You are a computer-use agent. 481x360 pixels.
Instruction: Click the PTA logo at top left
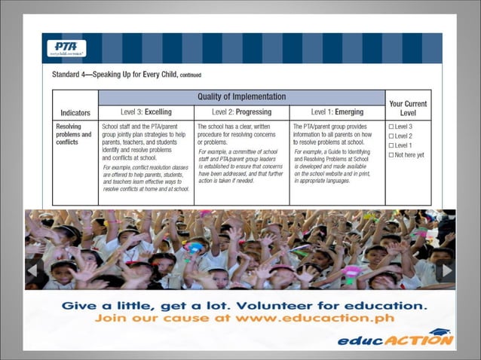pyautogui.click(x=66, y=48)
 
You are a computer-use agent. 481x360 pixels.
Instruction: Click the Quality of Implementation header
pyautogui.click(x=241, y=96)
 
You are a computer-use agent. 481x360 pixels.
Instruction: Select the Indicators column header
pyautogui.click(x=74, y=112)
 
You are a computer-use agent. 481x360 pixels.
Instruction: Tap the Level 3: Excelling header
pyautogui.click(x=146, y=112)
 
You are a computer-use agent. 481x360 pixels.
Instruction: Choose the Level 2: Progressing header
pyautogui.click(x=241, y=112)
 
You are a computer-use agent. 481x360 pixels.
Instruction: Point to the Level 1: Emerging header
pyautogui.click(x=337, y=112)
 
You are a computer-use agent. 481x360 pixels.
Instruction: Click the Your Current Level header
pyautogui.click(x=408, y=108)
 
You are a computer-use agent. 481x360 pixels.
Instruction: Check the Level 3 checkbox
pyautogui.click(x=391, y=127)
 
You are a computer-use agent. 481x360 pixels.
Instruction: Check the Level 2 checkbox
pyautogui.click(x=391, y=136)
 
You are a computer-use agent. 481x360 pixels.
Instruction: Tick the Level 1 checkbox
pyautogui.click(x=391, y=145)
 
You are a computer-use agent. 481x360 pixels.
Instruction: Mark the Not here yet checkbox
pyautogui.click(x=391, y=154)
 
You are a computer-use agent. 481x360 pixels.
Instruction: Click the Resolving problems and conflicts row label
pyautogui.click(x=74, y=135)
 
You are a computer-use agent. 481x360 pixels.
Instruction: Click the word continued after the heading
pyautogui.click(x=186, y=75)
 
